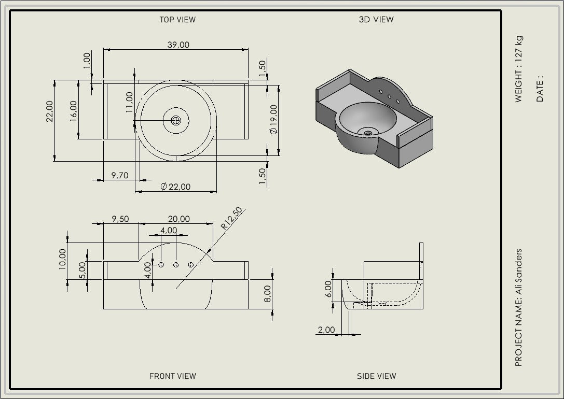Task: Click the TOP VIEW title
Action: point(177,20)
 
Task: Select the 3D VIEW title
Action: point(376,20)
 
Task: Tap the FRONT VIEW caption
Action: point(173,376)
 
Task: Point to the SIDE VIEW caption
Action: point(377,376)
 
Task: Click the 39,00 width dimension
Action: point(178,45)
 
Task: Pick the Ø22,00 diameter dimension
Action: point(175,187)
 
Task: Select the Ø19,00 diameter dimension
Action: point(274,120)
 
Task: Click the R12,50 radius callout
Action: point(231,219)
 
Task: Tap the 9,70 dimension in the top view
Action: point(120,175)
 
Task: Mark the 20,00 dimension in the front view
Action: point(179,219)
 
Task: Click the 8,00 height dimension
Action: point(268,294)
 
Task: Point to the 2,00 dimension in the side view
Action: point(326,330)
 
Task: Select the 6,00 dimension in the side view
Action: point(328,289)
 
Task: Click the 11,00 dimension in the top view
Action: point(130,103)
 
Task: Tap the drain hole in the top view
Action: point(176,120)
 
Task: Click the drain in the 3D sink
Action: point(367,133)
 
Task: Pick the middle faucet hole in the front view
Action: point(176,265)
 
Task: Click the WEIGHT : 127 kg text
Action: point(518,69)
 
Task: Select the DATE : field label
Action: point(540,88)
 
